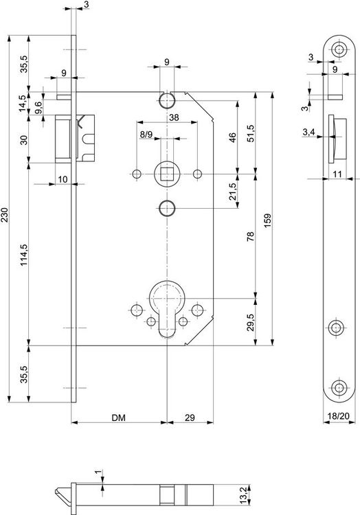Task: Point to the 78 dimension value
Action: (250, 236)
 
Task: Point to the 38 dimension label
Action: (174, 118)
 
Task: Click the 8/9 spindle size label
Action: (146, 135)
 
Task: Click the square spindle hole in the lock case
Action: (167, 172)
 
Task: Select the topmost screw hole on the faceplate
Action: (337, 49)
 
